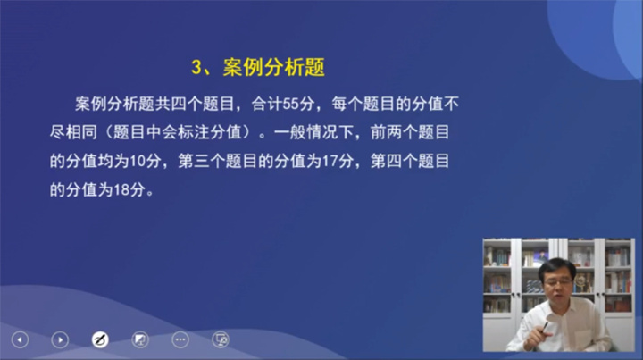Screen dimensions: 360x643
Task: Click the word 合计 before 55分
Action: [x=263, y=105]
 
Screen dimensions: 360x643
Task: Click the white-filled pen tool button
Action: [x=100, y=339]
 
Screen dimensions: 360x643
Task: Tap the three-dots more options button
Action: [x=180, y=339]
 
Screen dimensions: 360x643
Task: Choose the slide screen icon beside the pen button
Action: [x=140, y=339]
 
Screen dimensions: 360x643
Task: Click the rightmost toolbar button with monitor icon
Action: [x=221, y=339]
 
